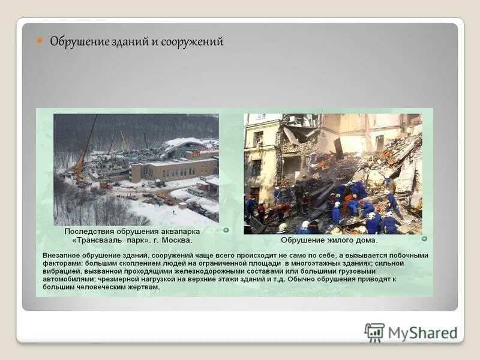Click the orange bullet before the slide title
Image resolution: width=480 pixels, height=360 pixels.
40,41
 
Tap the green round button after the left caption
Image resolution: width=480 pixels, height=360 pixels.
226,230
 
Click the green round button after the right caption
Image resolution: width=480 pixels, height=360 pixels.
424,238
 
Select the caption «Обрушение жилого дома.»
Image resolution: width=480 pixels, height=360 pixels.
329,240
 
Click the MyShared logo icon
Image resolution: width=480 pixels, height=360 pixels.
374,332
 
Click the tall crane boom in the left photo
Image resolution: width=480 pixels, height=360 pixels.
86,147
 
